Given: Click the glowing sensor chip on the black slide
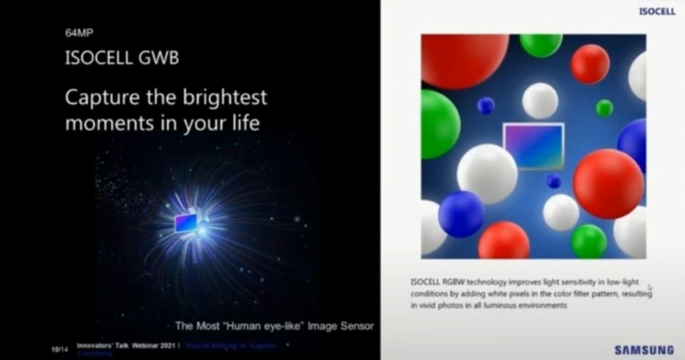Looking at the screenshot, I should coord(185,222).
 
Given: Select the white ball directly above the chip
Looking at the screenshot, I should coord(541,100).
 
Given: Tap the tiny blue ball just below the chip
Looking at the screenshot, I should coord(553,181).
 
